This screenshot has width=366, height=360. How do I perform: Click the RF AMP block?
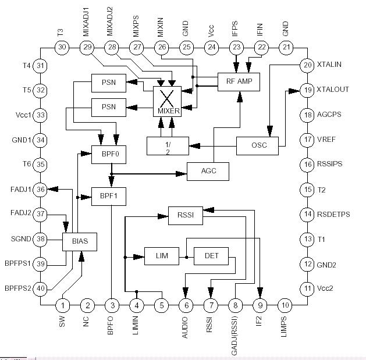238,81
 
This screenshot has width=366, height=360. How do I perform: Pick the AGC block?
208,172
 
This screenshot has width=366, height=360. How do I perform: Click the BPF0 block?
109,155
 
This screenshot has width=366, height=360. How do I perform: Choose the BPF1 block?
109,197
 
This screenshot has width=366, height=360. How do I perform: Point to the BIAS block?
79,241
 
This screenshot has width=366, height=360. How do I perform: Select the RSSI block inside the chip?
185,216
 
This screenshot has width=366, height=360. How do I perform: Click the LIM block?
161,256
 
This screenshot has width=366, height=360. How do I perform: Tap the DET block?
211,256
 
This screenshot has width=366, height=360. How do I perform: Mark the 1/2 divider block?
167,146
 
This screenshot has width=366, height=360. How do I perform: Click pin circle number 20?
307,66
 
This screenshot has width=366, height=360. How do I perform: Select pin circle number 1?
63,305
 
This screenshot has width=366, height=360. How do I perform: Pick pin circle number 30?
63,47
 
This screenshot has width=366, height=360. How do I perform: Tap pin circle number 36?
41,189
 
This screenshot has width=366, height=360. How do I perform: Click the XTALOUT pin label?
333,90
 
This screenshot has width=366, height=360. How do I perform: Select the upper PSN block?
108,83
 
